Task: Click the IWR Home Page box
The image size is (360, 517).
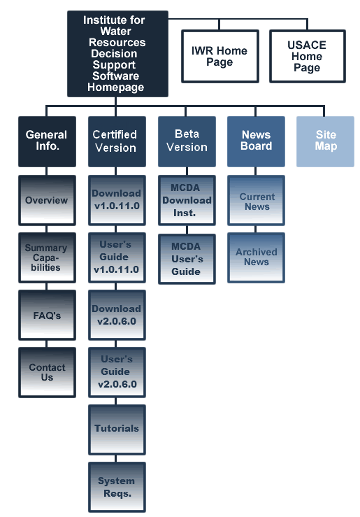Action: point(219,56)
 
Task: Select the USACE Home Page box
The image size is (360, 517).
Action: point(308,56)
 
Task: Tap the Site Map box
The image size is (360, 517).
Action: point(326,141)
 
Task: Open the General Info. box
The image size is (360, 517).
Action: point(47,141)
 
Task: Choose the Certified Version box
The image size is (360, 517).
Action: point(117,141)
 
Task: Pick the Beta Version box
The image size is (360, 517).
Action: point(187,141)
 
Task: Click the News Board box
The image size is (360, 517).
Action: point(256,141)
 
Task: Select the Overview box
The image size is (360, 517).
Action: point(47,201)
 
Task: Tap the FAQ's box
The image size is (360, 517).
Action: point(47,316)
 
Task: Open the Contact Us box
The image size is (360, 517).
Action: point(47,373)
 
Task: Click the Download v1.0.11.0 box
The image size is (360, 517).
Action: point(117,201)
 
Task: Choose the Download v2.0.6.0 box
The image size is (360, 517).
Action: point(117,316)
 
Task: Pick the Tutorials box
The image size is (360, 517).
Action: point(117,430)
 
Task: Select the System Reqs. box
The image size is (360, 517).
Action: point(117,488)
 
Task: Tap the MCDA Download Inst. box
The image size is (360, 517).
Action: point(187,201)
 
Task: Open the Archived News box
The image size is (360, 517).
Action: point(256,258)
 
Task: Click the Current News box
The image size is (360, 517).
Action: point(256,201)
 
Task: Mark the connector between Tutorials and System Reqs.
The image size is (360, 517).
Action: point(115,459)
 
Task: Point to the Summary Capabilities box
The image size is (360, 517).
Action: point(47,258)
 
